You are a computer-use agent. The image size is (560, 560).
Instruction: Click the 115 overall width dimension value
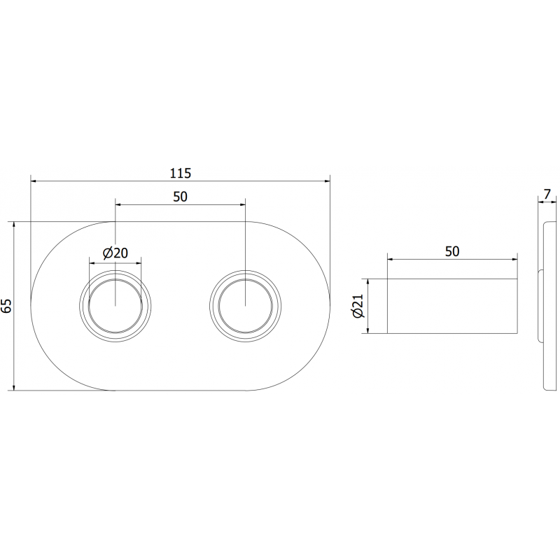(x=181, y=172)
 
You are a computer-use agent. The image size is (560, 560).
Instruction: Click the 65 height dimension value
(x=6, y=306)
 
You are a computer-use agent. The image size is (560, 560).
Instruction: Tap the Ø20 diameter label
(x=115, y=253)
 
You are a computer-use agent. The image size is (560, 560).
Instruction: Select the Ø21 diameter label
(x=358, y=306)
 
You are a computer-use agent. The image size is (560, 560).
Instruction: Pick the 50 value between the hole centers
(x=181, y=197)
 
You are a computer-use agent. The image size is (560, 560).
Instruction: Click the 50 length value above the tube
(x=452, y=251)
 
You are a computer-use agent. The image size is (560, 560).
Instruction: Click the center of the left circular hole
(x=115, y=306)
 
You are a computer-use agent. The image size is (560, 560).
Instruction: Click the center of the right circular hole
(x=246, y=306)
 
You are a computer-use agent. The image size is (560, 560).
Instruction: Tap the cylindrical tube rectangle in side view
(x=452, y=306)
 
